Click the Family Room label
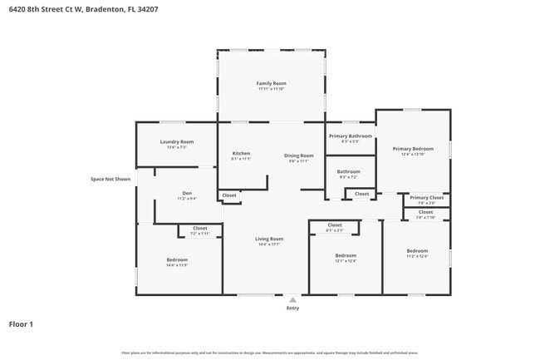pyautogui.click(x=271, y=83)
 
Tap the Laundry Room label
pyautogui.click(x=176, y=141)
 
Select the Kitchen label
pyautogui.click(x=241, y=154)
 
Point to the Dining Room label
pyautogui.click(x=299, y=155)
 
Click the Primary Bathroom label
pyautogui.click(x=350, y=136)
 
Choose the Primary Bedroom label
pyautogui.click(x=413, y=149)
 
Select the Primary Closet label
pyautogui.click(x=426, y=198)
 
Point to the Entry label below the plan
pyautogui.click(x=292, y=308)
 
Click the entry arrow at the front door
pyautogui.click(x=292, y=299)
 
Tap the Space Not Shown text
pyautogui.click(x=110, y=179)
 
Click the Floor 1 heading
pyautogui.click(x=21, y=324)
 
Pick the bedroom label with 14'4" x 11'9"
pyautogui.click(x=177, y=260)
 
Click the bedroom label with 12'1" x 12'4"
pyautogui.click(x=346, y=255)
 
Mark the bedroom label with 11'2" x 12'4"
pyautogui.click(x=417, y=251)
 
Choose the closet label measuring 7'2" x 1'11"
pyautogui.click(x=200, y=228)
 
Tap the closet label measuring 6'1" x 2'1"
pyautogui.click(x=335, y=225)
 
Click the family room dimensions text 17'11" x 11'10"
pyautogui.click(x=271, y=89)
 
